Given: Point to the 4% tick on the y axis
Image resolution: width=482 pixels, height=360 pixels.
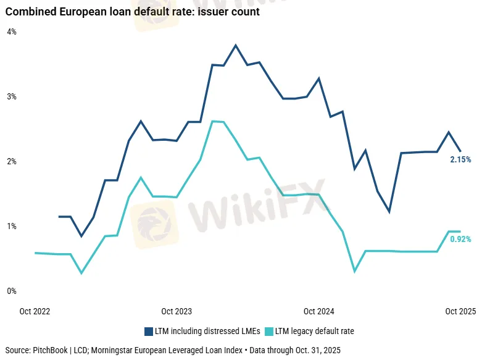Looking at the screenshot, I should click(12, 31).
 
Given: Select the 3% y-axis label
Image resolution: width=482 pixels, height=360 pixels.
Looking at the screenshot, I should click(12, 97).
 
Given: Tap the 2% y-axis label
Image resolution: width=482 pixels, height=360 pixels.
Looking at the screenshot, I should click(12, 162).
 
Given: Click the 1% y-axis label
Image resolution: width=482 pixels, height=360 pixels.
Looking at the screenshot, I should click(12, 227).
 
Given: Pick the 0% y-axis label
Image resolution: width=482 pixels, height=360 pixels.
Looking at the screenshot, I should click(12, 291).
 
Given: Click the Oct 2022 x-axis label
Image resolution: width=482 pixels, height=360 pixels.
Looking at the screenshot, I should click(35, 311).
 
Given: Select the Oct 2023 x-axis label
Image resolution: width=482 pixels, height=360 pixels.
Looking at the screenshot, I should click(177, 311).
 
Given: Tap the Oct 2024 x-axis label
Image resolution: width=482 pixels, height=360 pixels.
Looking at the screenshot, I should click(318, 311).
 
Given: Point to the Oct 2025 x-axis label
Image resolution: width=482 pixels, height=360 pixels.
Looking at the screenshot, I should click(460, 311).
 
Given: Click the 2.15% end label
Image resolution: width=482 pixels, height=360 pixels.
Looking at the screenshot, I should click(460, 160).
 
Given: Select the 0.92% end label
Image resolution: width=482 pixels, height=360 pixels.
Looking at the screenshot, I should click(460, 239).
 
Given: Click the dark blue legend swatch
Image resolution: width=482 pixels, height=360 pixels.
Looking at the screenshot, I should click(149, 332).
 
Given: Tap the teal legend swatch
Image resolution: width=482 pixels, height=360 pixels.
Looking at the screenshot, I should click(268, 332).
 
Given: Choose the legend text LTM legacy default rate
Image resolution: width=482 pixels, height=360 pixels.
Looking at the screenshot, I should click(315, 332).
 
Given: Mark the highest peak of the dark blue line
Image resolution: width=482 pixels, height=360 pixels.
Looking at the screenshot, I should click(236, 45).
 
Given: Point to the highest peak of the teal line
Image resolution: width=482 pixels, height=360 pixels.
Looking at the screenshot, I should click(212, 121).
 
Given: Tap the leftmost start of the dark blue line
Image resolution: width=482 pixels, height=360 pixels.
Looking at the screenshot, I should click(59, 217).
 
